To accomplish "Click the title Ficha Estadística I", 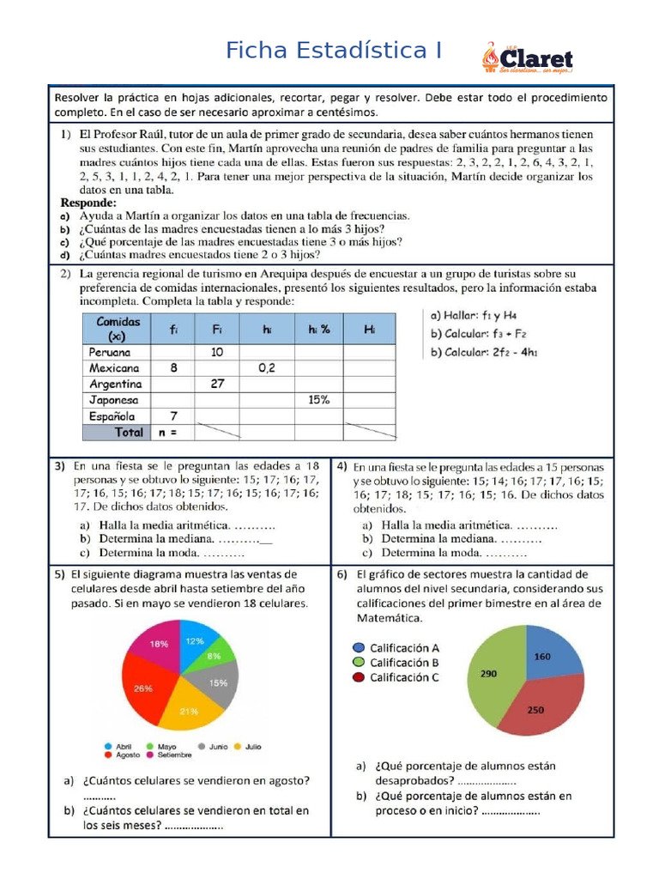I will [x=334, y=51].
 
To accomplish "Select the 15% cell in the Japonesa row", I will [x=319, y=400].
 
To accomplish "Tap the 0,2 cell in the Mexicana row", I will [x=266, y=367].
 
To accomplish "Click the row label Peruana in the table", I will [x=111, y=352].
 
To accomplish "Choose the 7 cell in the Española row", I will [x=172, y=416].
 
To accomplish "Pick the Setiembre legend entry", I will [x=170, y=756].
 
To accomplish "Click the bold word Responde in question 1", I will [x=88, y=203].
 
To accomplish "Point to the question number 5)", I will [x=59, y=574].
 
